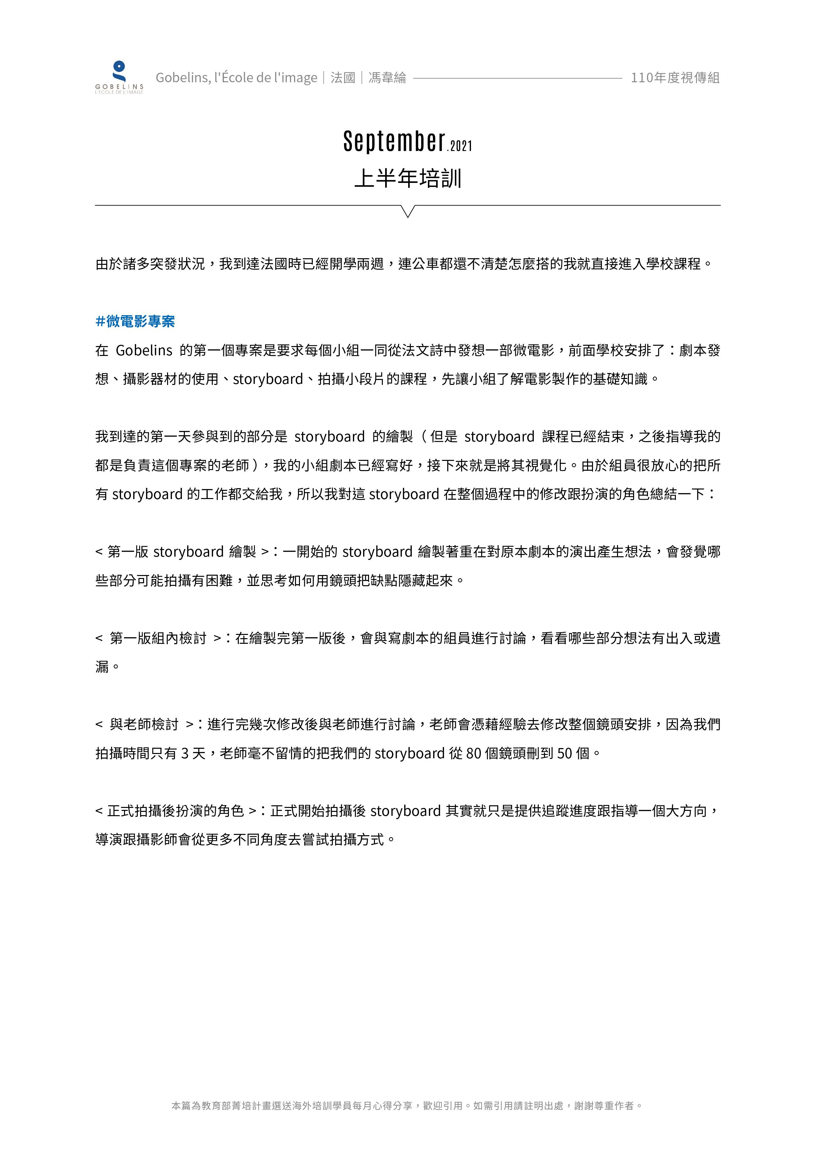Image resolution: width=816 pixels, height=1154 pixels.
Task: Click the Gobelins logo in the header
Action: point(119,77)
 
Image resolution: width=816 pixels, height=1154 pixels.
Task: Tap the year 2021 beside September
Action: point(461,146)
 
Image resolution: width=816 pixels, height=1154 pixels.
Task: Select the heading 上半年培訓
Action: point(408,178)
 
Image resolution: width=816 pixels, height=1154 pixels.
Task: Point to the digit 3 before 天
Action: point(185,753)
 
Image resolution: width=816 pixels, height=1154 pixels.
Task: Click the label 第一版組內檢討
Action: point(158,638)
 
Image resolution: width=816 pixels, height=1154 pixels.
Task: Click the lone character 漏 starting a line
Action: point(102,667)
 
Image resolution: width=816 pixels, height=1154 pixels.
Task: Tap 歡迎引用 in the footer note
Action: point(442,1106)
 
